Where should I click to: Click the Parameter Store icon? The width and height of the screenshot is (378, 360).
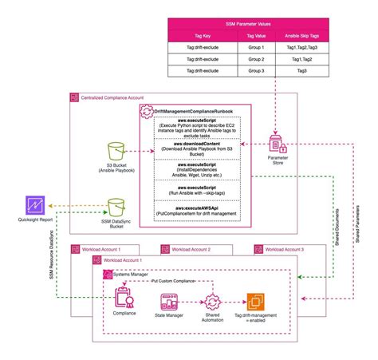(x=278, y=144)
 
